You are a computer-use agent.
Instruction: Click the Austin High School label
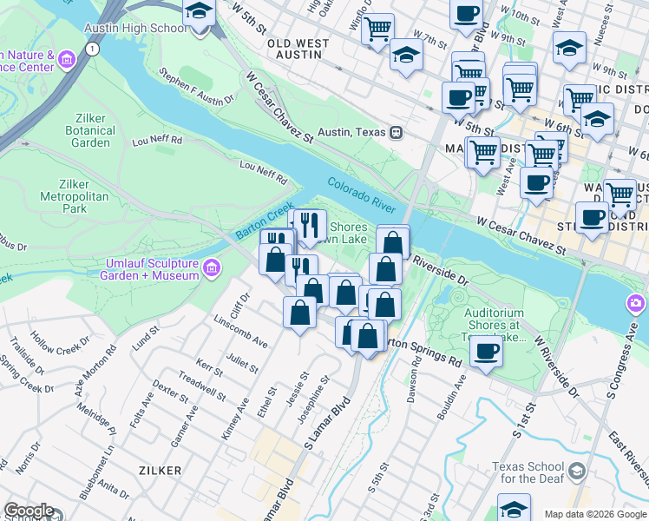pos(134,28)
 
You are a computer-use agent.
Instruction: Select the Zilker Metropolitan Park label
pos(75,196)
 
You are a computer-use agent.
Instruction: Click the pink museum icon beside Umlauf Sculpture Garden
pos(209,268)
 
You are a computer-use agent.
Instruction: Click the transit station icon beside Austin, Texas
pos(396,132)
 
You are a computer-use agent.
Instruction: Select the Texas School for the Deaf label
pos(528,472)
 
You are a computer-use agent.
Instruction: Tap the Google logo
pos(28,511)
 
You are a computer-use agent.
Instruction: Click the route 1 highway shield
pos(91,49)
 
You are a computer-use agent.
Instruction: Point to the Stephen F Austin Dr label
pos(198,88)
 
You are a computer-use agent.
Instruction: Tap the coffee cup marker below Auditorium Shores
pos(486,352)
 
